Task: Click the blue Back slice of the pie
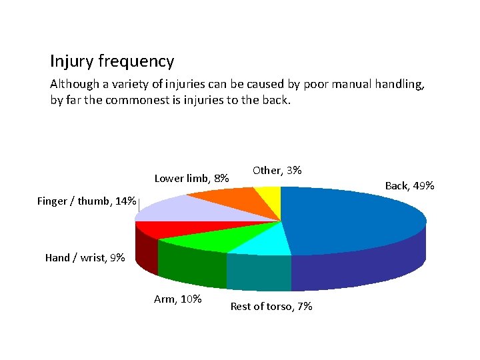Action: (353, 217)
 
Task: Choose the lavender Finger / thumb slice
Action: (173, 209)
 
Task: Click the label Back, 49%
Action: (410, 185)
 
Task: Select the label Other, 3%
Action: (277, 171)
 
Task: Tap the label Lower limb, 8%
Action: (192, 178)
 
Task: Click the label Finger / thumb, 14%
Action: (87, 201)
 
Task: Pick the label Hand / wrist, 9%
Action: (85, 257)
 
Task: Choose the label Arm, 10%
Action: (178, 299)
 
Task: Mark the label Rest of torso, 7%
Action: (271, 307)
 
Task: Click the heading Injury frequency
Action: (112, 62)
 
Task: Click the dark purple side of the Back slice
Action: (360, 267)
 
